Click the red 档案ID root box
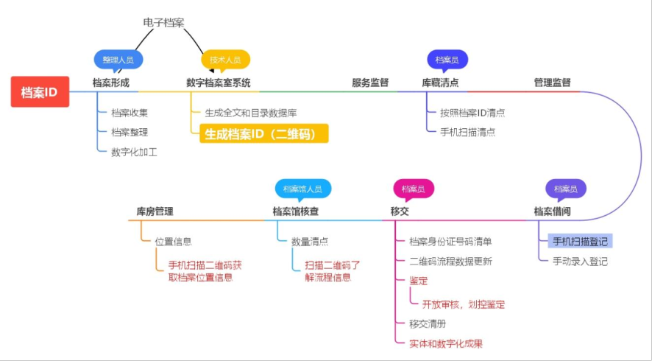[x=40, y=92]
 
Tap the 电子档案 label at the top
[x=163, y=22]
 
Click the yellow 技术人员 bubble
[x=225, y=59]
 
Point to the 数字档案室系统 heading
[x=219, y=83]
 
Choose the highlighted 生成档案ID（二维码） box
[x=263, y=133]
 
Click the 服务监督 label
[x=370, y=83]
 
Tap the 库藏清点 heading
[x=440, y=83]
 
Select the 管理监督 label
[x=552, y=83]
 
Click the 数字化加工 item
[x=134, y=153]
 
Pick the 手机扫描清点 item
[x=467, y=133]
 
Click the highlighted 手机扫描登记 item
[x=580, y=242]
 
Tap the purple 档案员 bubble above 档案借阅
[x=565, y=189]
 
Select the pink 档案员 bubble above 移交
[x=413, y=189]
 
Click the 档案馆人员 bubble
[x=302, y=189]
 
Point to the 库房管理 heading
[x=155, y=211]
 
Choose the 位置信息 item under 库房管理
[x=173, y=242]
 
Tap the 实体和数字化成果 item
[x=446, y=344]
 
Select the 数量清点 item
[x=309, y=242]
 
